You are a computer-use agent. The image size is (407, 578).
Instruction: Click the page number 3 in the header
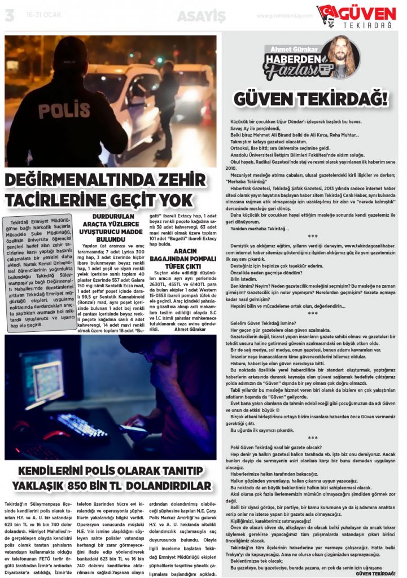coord(9,16)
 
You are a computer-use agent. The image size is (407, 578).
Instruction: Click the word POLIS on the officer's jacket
coord(56,110)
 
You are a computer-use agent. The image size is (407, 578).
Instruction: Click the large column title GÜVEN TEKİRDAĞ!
coord(310,100)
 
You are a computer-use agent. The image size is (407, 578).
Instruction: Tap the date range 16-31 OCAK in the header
coord(37,16)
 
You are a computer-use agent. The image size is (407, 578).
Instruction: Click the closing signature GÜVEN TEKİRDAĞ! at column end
coord(375,571)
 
